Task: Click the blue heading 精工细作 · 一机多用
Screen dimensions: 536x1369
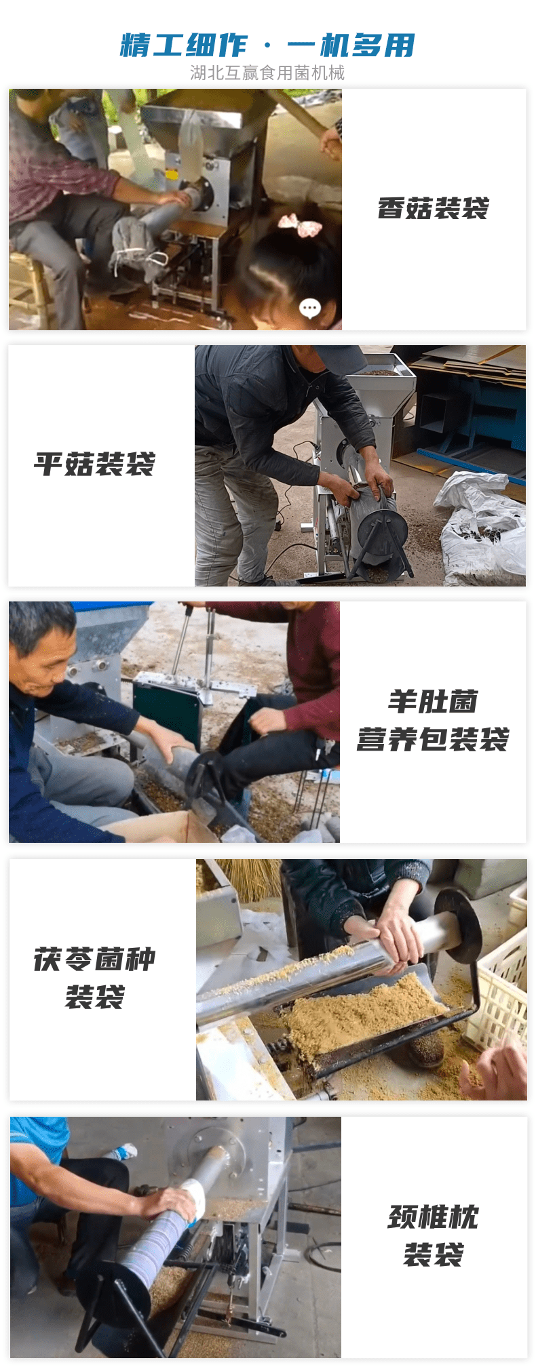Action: point(267,45)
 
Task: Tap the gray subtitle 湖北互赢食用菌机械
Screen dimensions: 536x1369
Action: point(267,73)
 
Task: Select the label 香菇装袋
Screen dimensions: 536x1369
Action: point(433,208)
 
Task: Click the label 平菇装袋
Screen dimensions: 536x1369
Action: point(94,464)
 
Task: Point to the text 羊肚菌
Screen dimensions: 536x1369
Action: point(433,702)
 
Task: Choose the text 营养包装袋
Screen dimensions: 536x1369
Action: point(433,739)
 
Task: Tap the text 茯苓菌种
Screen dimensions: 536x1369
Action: point(94,959)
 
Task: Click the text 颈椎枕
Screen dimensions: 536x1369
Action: point(433,1217)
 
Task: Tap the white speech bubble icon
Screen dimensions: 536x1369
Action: point(310,309)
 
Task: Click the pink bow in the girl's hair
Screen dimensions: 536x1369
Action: point(301,224)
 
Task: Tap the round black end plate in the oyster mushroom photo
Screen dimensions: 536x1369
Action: point(383,532)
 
